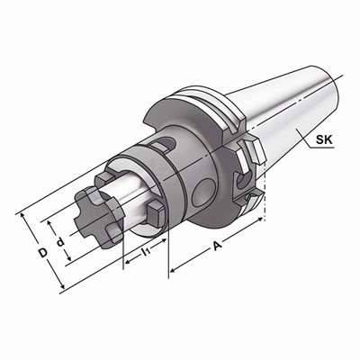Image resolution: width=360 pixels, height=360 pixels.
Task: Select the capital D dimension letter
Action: (43, 253)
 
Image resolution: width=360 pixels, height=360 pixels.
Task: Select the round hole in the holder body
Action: (202, 192)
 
